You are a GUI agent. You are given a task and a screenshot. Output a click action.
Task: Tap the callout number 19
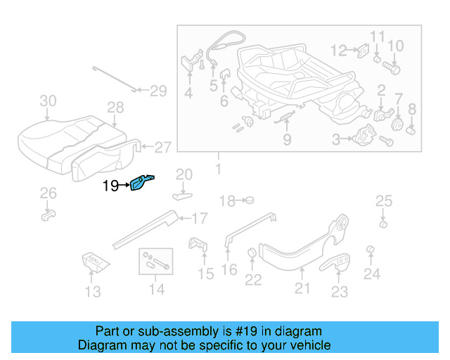(110, 186)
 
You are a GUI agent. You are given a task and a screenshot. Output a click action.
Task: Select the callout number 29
(158, 90)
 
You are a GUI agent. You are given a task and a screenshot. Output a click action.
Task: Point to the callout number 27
(162, 148)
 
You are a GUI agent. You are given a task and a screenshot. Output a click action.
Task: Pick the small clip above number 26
(47, 212)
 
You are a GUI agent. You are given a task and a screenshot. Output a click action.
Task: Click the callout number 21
(302, 287)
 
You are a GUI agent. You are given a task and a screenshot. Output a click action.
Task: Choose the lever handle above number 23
(340, 262)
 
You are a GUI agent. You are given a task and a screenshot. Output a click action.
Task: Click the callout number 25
(383, 202)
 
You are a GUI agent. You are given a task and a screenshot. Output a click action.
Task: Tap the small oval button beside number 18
(247, 201)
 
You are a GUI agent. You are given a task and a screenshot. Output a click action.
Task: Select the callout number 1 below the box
(217, 169)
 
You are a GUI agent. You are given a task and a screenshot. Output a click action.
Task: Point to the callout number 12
(340, 50)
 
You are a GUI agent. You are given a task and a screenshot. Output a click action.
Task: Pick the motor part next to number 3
(366, 135)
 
